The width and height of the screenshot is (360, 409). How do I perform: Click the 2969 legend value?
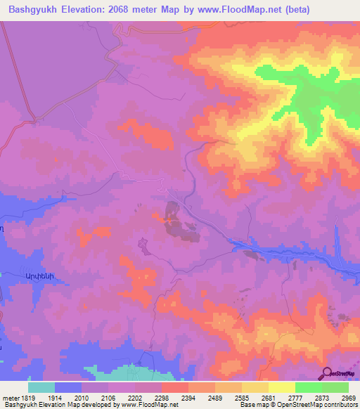(348, 397)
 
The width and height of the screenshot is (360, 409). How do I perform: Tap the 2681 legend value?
(269, 397)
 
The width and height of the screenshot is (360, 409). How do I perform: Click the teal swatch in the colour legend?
(41, 387)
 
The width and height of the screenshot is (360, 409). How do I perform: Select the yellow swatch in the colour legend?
(281, 387)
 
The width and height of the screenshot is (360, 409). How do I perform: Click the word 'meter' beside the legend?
(9, 397)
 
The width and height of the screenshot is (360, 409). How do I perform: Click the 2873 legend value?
(321, 397)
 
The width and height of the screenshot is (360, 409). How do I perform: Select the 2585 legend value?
(242, 397)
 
